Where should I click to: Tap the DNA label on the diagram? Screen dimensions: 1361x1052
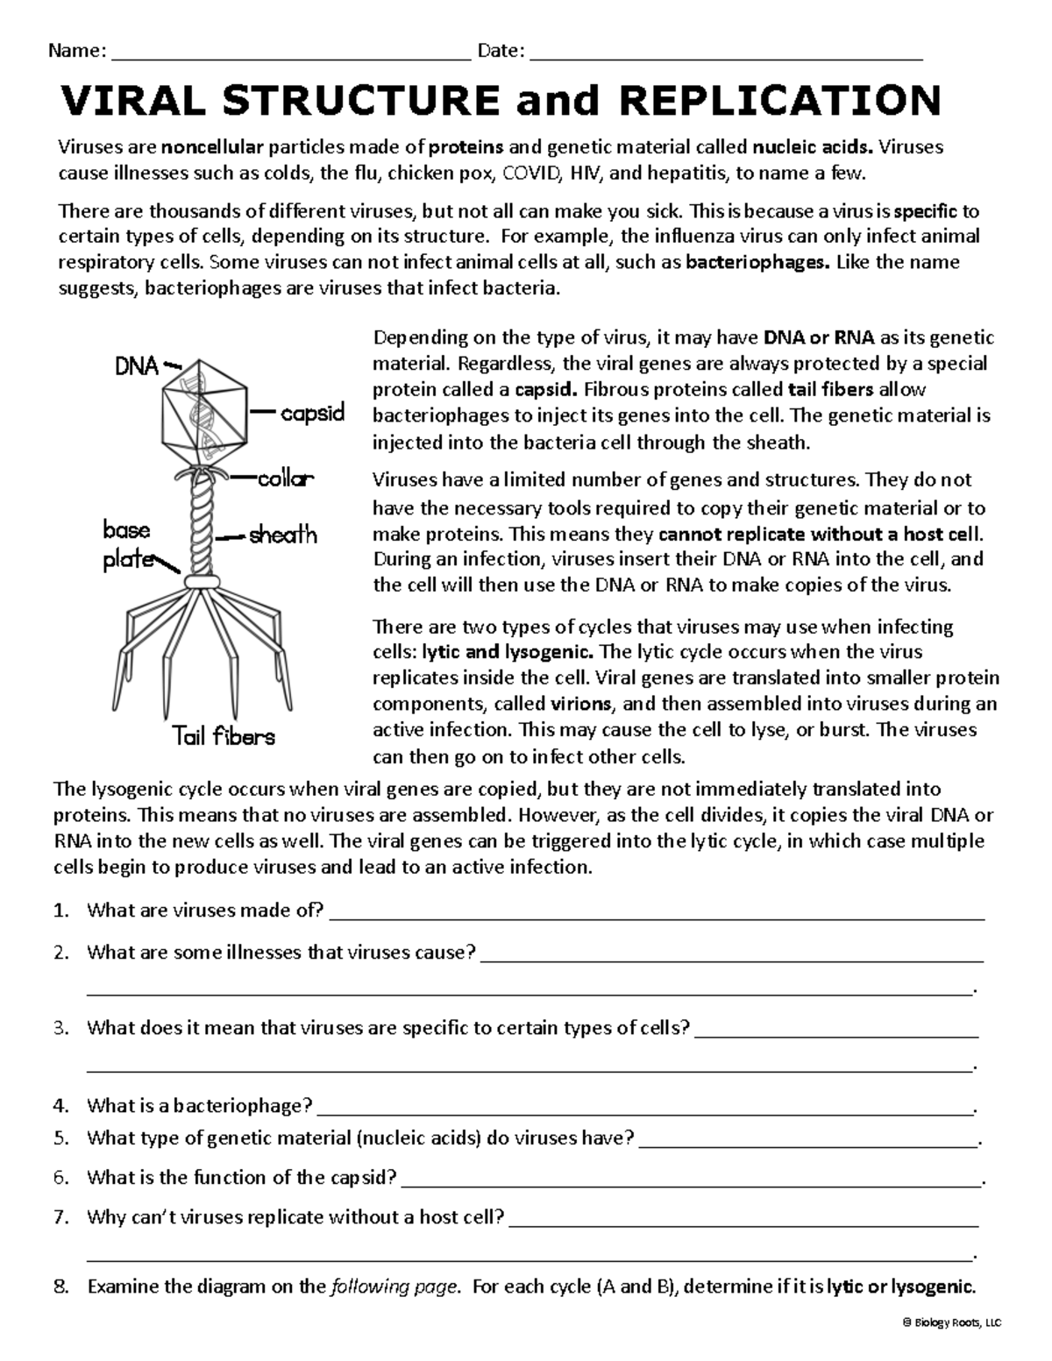[x=137, y=366]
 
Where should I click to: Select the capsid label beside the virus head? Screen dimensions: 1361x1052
[x=313, y=412]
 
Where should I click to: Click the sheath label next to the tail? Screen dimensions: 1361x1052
[x=282, y=535]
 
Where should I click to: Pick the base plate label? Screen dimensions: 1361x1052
[x=127, y=544]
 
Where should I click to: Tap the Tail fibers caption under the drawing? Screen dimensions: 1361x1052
[x=223, y=736]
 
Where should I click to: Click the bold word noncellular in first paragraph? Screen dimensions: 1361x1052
[x=218, y=147]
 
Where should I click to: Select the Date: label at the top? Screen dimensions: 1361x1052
[x=501, y=51]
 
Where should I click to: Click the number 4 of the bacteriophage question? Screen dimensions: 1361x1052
[x=60, y=1106]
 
